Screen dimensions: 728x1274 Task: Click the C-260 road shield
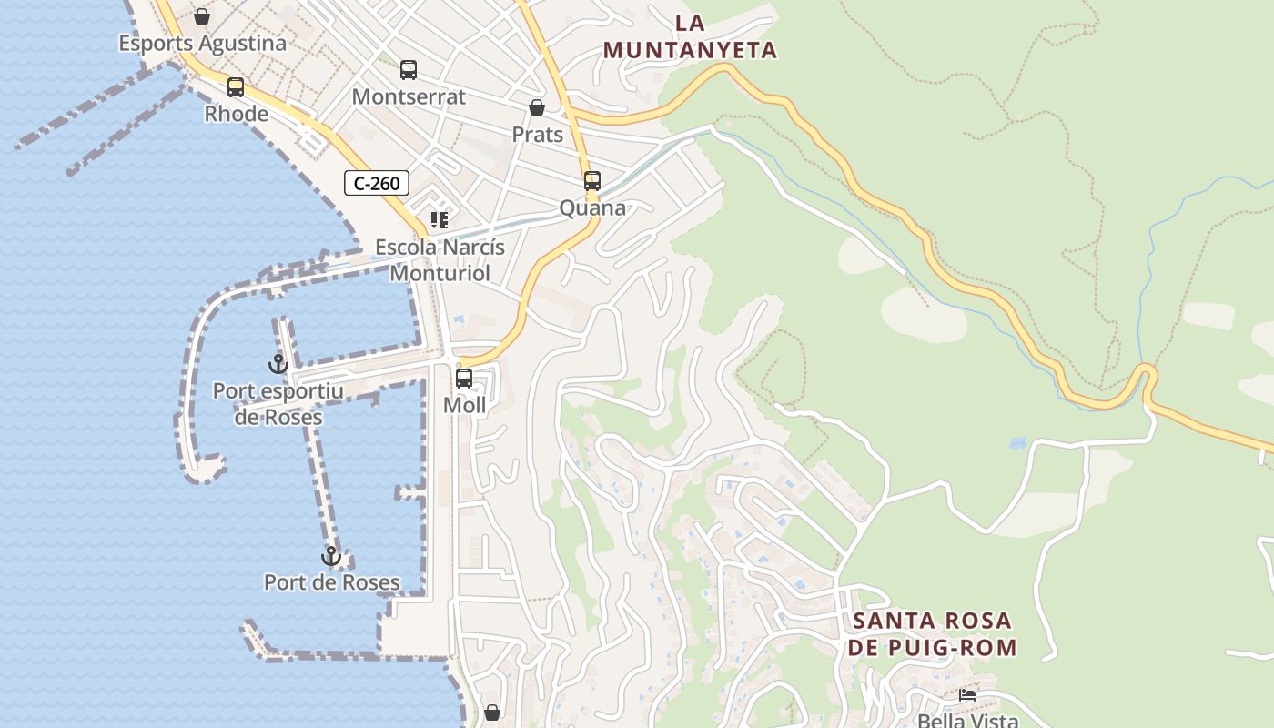click(x=377, y=183)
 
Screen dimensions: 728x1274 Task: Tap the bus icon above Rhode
click(x=236, y=87)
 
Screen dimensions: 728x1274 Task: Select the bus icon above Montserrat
click(x=409, y=70)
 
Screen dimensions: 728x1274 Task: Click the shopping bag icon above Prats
click(x=537, y=107)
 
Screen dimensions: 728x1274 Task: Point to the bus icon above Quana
click(x=592, y=181)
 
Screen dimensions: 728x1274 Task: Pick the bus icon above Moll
click(x=464, y=379)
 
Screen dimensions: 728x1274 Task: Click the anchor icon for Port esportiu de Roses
click(x=278, y=364)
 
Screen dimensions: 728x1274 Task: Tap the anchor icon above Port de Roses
click(x=331, y=556)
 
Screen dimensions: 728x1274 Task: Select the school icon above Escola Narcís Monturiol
click(x=440, y=220)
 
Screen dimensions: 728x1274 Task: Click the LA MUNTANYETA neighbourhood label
click(x=690, y=37)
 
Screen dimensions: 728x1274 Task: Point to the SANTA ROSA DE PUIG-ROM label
click(x=932, y=634)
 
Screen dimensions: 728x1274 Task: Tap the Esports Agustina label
click(x=202, y=43)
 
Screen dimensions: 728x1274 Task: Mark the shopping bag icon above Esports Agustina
click(x=202, y=16)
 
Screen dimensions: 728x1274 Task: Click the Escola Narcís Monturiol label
click(x=440, y=260)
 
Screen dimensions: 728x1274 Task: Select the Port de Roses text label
click(x=331, y=582)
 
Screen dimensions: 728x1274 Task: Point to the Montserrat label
click(x=409, y=96)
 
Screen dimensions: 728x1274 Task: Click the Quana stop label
click(x=592, y=207)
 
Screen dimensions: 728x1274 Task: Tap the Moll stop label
click(x=464, y=405)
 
